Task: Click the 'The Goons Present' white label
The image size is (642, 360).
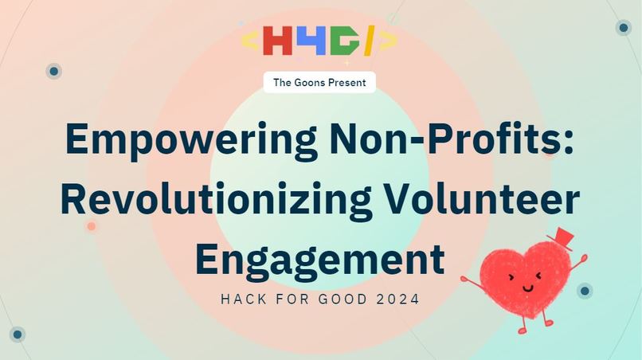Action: coord(319,82)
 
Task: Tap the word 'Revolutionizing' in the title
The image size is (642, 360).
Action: coord(215,199)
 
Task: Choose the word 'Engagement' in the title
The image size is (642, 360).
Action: coord(319,260)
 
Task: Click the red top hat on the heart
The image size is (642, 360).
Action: coord(561,237)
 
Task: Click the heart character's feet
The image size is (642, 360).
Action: coord(534,327)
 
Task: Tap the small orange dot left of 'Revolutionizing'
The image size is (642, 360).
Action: coord(92,226)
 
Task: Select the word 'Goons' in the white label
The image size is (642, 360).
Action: coord(311,82)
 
